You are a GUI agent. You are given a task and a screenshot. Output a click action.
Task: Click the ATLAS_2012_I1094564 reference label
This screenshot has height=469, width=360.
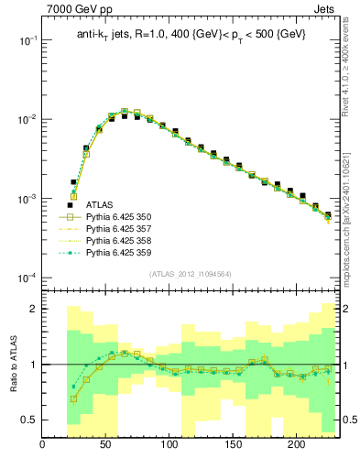pos(191,274)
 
